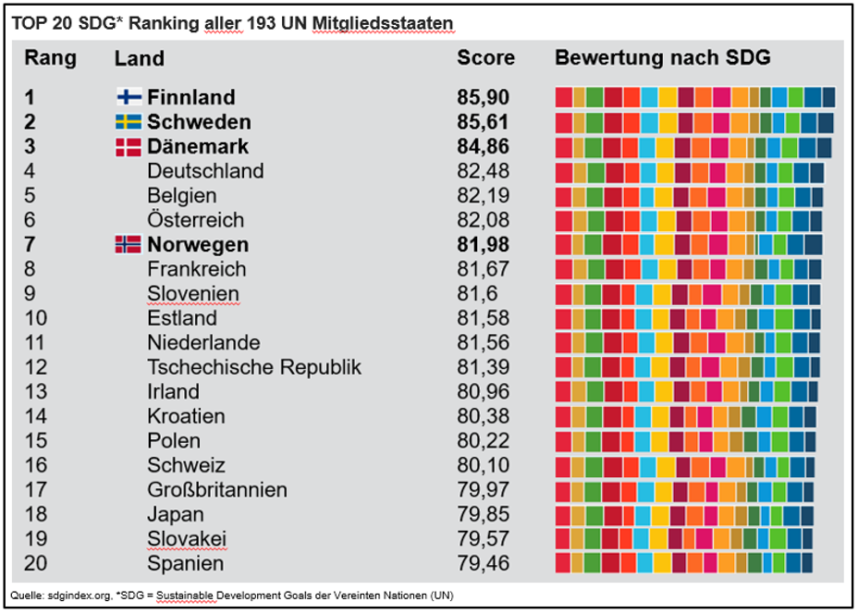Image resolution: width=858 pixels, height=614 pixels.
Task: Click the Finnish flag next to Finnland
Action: point(128,97)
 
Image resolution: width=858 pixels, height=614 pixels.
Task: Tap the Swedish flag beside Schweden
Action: point(128,122)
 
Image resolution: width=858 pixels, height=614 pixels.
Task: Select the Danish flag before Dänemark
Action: point(128,146)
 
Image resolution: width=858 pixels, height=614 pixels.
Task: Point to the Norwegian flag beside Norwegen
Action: point(128,244)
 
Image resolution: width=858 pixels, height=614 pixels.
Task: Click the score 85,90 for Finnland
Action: point(483,97)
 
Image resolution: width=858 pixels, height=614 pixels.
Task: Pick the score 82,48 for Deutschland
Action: point(483,171)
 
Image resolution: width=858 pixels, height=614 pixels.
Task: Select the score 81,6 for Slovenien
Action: point(477,294)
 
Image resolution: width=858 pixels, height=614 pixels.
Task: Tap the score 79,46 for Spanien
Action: point(483,563)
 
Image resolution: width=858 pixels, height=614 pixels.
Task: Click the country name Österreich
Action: point(195,220)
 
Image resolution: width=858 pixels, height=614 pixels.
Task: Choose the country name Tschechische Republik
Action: point(254,367)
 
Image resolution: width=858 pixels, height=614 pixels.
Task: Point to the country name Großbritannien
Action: point(217,490)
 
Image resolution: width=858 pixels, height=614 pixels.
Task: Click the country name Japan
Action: point(173,514)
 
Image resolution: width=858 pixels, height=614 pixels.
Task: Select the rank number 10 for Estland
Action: point(35,318)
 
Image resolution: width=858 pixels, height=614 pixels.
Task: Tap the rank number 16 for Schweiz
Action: point(35,465)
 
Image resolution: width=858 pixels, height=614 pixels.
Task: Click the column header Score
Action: point(485,58)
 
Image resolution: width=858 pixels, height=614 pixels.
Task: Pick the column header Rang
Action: point(50,58)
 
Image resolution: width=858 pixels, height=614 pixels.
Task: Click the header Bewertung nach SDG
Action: point(662,58)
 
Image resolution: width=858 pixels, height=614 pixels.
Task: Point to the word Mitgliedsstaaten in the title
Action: point(395,22)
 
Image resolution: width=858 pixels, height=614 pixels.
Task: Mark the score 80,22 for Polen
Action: point(483,441)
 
